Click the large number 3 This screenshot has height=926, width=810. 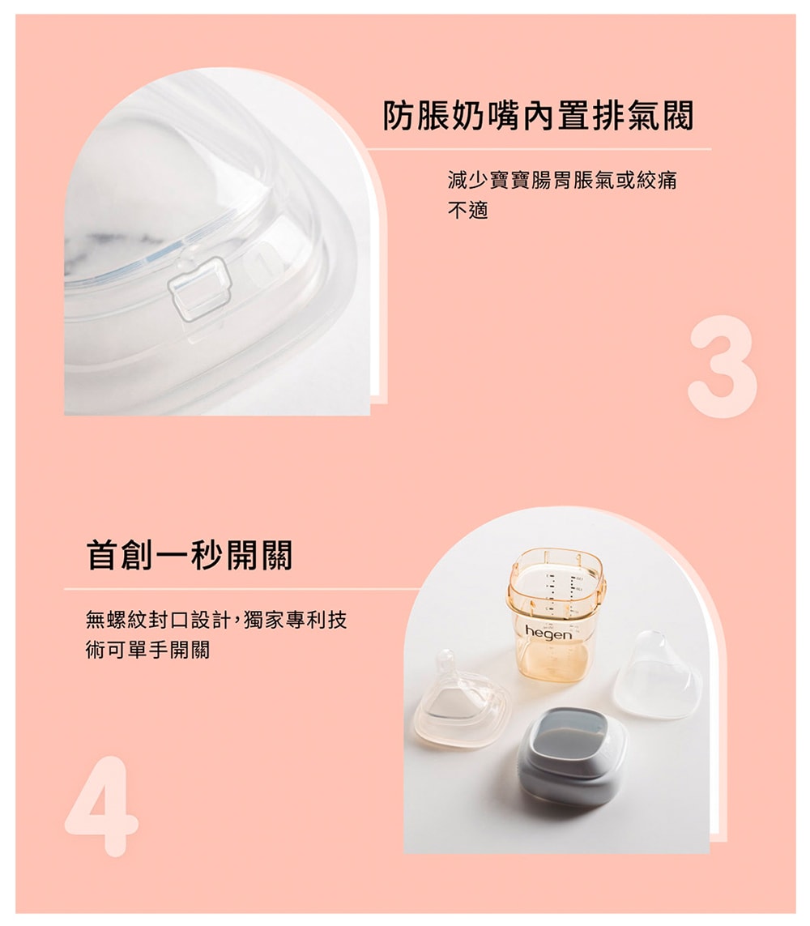(x=723, y=366)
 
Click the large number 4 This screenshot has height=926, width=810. (x=101, y=806)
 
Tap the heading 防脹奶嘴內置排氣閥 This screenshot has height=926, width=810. (x=539, y=115)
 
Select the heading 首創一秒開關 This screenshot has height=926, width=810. (x=190, y=554)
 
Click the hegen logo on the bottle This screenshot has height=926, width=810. (x=548, y=633)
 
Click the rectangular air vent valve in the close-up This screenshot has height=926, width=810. (x=199, y=289)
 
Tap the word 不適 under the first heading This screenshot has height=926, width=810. (x=468, y=211)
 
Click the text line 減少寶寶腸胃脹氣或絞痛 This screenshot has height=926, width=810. (x=562, y=180)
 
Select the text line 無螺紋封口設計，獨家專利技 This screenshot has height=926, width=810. (x=216, y=620)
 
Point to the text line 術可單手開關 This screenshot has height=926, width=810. (x=147, y=651)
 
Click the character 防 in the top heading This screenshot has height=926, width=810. (x=399, y=115)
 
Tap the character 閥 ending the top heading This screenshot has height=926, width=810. (x=678, y=115)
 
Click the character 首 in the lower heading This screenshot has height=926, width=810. (x=103, y=554)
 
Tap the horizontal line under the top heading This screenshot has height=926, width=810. (x=539, y=149)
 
